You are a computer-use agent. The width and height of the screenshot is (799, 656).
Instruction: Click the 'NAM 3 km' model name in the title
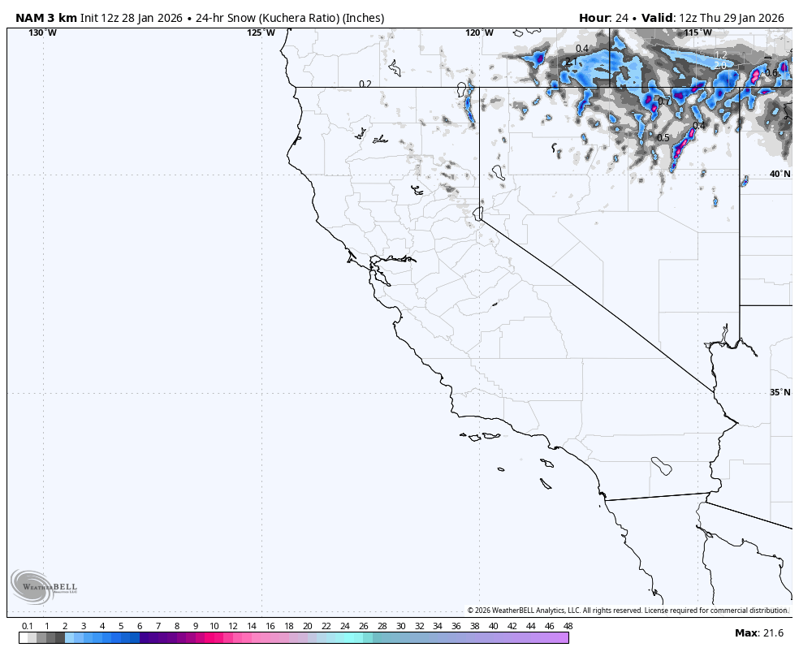[46, 18]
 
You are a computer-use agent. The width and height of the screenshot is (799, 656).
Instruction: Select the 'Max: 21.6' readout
[758, 632]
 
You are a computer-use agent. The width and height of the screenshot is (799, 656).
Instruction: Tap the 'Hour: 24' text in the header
[606, 18]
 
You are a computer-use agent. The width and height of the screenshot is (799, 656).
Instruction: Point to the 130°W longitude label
[42, 32]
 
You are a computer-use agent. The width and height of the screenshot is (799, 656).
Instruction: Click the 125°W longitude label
[261, 32]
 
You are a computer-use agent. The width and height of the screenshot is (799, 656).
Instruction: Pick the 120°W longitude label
[479, 32]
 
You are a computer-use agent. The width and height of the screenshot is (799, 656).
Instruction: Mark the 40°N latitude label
[780, 174]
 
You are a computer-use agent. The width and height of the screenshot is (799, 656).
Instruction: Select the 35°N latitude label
[780, 392]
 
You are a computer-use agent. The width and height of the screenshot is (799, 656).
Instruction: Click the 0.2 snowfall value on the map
[365, 84]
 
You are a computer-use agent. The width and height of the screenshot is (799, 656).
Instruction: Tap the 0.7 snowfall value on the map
[664, 101]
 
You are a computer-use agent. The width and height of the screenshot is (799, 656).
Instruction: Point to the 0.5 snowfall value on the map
[663, 138]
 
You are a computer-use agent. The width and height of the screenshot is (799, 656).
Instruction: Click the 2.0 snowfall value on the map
[720, 66]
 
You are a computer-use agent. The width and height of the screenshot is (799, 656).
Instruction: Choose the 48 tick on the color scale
[568, 626]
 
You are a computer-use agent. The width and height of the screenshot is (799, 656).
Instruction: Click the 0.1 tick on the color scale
[28, 626]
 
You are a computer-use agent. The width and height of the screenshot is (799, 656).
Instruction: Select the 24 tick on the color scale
[344, 626]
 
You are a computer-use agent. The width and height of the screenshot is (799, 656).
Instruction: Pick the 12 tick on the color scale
[233, 626]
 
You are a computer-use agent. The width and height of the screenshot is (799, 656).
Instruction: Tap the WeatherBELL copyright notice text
[628, 611]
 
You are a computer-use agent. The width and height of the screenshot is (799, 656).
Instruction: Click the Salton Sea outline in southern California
[662, 467]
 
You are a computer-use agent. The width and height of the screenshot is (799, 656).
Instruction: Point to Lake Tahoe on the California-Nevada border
[478, 214]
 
